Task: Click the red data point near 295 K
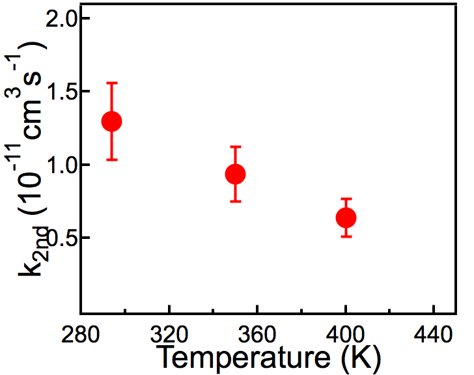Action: (112, 121)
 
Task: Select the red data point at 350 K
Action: (235, 174)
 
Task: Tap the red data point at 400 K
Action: (346, 217)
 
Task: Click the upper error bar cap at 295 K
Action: (112, 83)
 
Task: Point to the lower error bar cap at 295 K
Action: (112, 160)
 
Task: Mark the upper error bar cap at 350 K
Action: (235, 146)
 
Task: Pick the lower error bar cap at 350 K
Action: (235, 201)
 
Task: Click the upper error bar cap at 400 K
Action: (346, 199)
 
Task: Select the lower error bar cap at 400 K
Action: (346, 236)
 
